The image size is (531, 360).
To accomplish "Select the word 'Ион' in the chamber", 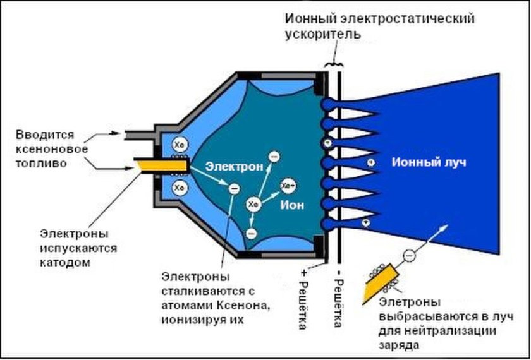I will click(x=293, y=205).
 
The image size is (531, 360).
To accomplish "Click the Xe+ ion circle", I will click(x=288, y=185).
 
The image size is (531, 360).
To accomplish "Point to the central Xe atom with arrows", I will click(x=253, y=204).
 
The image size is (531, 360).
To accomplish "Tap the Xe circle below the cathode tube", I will click(x=180, y=187).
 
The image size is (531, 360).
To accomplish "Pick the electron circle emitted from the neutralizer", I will click(x=409, y=255).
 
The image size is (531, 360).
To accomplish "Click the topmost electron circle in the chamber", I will click(x=273, y=155).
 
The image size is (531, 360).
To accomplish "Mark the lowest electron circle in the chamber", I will click(x=252, y=234).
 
